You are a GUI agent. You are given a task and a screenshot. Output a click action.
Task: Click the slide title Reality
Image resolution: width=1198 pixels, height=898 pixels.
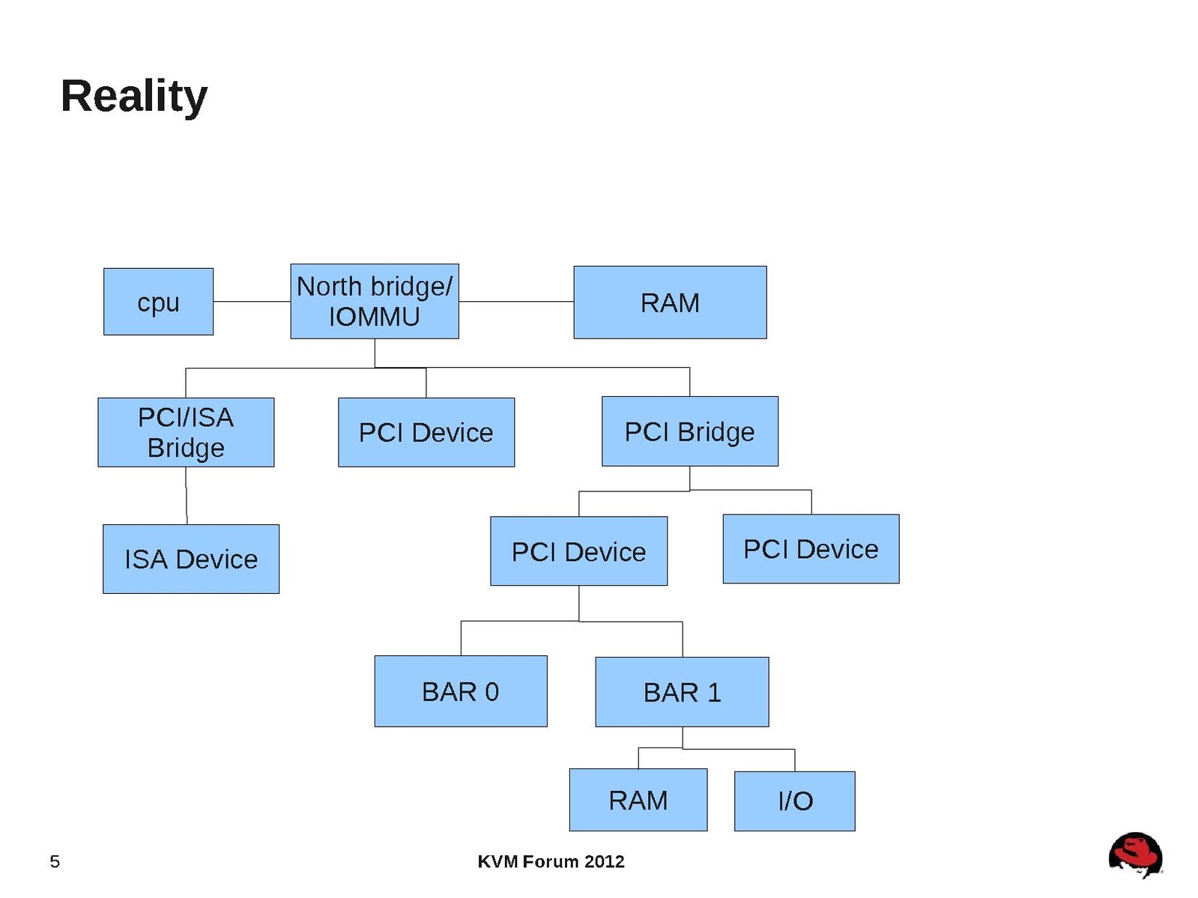(x=133, y=96)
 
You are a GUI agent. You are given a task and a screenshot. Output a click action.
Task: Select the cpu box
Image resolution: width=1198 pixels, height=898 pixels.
(x=158, y=302)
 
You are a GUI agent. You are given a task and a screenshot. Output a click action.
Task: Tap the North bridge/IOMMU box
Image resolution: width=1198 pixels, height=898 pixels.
(x=374, y=301)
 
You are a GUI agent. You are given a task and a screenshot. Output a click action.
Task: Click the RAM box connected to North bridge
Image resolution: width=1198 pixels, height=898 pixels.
(x=670, y=303)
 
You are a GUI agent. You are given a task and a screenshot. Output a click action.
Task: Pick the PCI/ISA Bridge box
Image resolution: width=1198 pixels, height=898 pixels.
(x=186, y=432)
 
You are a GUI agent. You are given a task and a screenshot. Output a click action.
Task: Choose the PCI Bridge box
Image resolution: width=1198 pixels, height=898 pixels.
(x=689, y=431)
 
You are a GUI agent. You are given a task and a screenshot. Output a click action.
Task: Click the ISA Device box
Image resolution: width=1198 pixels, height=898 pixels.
(x=191, y=559)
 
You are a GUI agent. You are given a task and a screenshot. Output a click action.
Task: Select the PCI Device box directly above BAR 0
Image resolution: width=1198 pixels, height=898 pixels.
(x=578, y=551)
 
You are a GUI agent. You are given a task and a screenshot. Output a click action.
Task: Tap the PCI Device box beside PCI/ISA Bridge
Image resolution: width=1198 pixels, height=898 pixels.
(x=426, y=432)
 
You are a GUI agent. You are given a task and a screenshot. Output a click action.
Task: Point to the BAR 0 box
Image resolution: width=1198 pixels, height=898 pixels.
(x=460, y=691)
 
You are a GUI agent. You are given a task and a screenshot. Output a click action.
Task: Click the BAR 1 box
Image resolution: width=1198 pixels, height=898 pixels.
(x=682, y=692)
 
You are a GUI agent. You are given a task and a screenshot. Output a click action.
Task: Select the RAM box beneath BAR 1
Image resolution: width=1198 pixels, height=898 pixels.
(x=638, y=800)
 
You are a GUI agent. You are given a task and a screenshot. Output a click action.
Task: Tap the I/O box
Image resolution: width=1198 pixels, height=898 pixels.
(x=794, y=801)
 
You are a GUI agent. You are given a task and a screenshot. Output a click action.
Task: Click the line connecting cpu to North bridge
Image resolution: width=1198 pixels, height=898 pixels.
(x=252, y=302)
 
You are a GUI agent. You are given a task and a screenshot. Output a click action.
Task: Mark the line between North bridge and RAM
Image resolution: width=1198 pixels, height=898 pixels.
(x=516, y=302)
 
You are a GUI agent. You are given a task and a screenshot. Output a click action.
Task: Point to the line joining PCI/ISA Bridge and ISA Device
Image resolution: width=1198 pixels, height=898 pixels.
(x=187, y=495)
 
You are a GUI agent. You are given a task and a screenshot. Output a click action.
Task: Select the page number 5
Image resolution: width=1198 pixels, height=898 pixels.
(x=55, y=861)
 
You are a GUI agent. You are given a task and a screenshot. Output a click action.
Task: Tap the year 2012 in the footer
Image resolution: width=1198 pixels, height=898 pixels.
(x=605, y=861)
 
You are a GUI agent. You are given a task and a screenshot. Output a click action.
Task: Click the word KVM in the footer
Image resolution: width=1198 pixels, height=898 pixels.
(x=497, y=861)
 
